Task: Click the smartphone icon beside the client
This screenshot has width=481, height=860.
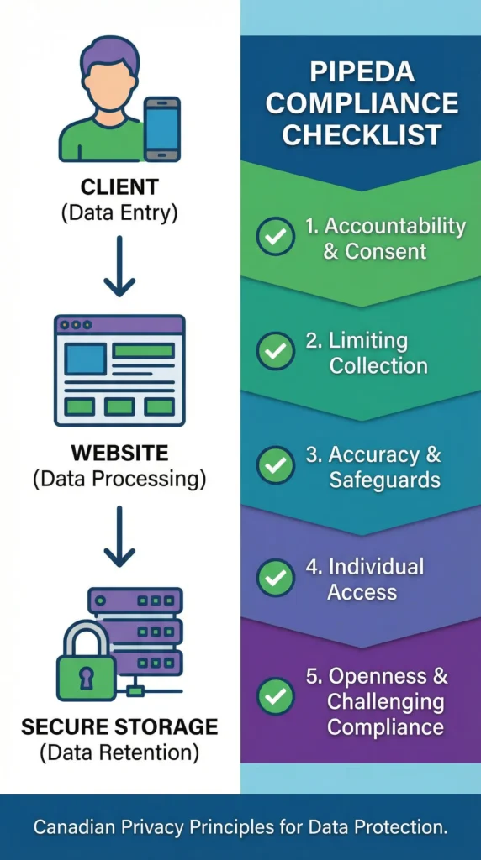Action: click(161, 128)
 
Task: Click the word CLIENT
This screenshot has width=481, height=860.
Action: click(119, 186)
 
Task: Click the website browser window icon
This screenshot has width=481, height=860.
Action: click(119, 370)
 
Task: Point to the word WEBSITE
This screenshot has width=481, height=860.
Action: click(119, 453)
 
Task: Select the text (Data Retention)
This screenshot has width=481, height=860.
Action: click(119, 752)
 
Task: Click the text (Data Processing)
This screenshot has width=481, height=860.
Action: click(119, 480)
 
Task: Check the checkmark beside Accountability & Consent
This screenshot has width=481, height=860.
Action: click(275, 238)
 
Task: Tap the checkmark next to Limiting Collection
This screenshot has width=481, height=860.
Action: click(275, 352)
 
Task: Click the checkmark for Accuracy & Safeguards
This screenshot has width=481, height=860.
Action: click(275, 465)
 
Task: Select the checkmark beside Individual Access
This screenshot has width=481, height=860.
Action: click(275, 579)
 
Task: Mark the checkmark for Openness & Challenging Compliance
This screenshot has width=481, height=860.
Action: click(275, 696)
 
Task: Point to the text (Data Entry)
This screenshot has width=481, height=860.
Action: click(119, 212)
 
